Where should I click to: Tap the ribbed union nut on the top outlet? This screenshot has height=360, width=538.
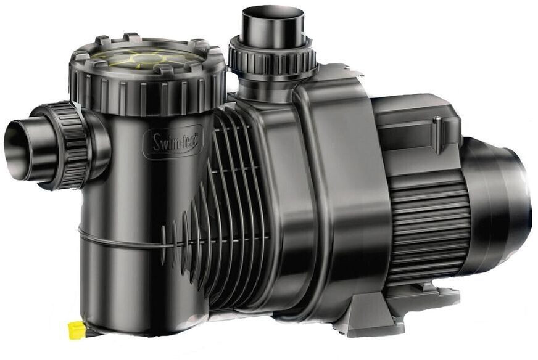tap(272, 59)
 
